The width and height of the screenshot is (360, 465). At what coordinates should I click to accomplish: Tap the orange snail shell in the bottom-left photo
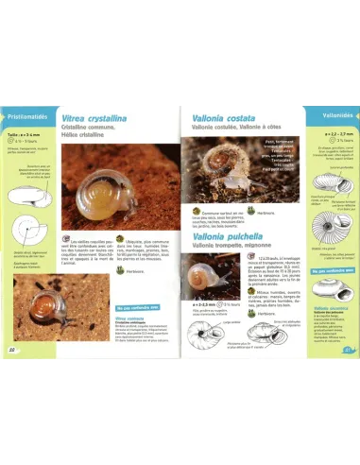pyautogui.click(x=35, y=308)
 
